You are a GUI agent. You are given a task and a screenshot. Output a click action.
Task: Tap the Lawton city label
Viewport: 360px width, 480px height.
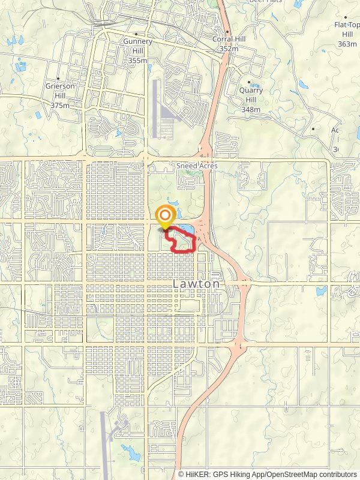coord(197,284)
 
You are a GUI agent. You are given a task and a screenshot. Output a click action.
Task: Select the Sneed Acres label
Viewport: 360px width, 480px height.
coord(197,165)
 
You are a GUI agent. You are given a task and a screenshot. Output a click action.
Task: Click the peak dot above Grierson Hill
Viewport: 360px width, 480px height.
coord(58,79)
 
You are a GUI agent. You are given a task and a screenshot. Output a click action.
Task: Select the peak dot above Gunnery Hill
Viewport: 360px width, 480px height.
coord(137,34)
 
